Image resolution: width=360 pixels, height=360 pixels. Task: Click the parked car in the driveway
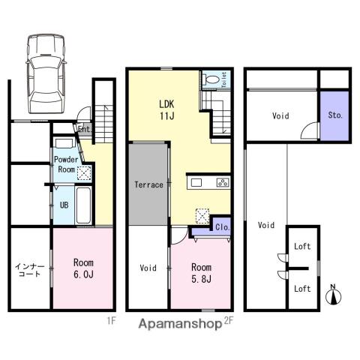click(46, 73)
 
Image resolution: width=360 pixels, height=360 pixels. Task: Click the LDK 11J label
click(166, 110)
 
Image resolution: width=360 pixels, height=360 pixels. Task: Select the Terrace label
click(148, 184)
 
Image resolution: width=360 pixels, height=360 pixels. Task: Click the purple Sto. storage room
click(334, 115)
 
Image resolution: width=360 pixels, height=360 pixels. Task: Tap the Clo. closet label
click(222, 227)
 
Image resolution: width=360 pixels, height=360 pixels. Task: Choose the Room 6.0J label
click(83, 268)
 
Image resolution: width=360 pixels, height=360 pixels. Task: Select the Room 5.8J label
click(201, 273)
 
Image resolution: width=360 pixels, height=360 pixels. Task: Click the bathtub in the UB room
click(83, 205)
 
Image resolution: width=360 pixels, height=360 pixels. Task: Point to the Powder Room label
click(66, 164)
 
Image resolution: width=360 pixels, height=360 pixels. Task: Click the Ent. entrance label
click(84, 129)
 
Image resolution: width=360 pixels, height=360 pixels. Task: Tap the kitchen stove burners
click(223, 182)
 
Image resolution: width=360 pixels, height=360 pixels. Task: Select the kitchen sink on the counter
click(196, 182)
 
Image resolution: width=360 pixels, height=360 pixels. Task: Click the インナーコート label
click(29, 270)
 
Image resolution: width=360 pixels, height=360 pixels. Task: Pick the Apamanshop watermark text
click(180, 324)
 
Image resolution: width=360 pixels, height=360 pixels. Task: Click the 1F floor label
click(112, 321)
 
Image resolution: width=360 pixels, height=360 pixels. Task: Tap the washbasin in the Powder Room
click(64, 143)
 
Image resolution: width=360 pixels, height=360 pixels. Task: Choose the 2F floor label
click(228, 321)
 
